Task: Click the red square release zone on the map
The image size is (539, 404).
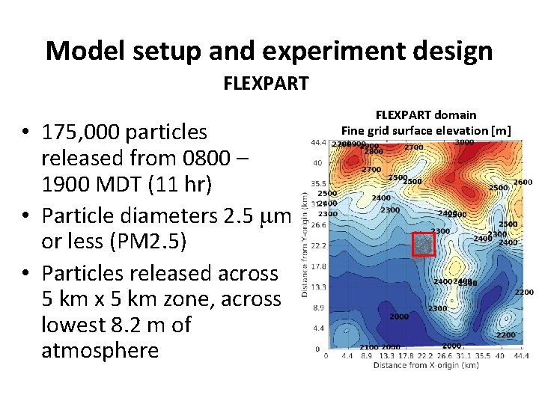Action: [x=424, y=245]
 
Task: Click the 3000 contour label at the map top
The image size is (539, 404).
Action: [x=464, y=142]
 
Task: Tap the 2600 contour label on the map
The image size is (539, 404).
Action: [x=523, y=182]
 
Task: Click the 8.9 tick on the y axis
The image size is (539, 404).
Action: [x=317, y=307]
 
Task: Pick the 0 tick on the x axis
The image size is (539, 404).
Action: [x=326, y=357]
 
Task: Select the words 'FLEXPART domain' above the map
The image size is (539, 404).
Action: [x=425, y=114]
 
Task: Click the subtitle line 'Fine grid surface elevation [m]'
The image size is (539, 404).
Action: [x=425, y=130]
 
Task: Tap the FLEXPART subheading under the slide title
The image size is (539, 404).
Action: [x=266, y=83]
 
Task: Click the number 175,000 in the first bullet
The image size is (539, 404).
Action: [x=82, y=132]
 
